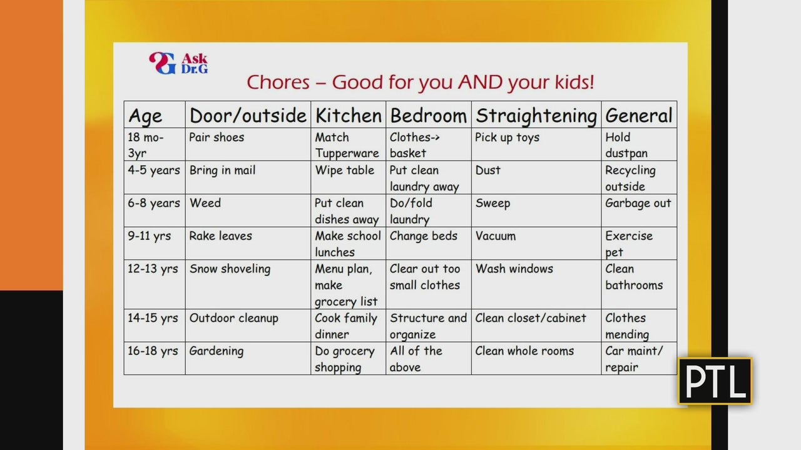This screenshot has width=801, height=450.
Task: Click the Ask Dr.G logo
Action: (x=178, y=63)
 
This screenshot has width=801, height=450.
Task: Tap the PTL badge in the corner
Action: (x=715, y=381)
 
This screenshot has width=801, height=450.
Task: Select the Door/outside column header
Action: (x=248, y=116)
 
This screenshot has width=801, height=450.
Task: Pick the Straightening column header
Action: (x=536, y=116)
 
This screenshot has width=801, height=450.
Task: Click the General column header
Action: (x=639, y=116)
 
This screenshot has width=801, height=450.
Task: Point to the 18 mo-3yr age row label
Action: (x=146, y=145)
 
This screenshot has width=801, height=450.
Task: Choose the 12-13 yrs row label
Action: (x=153, y=269)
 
